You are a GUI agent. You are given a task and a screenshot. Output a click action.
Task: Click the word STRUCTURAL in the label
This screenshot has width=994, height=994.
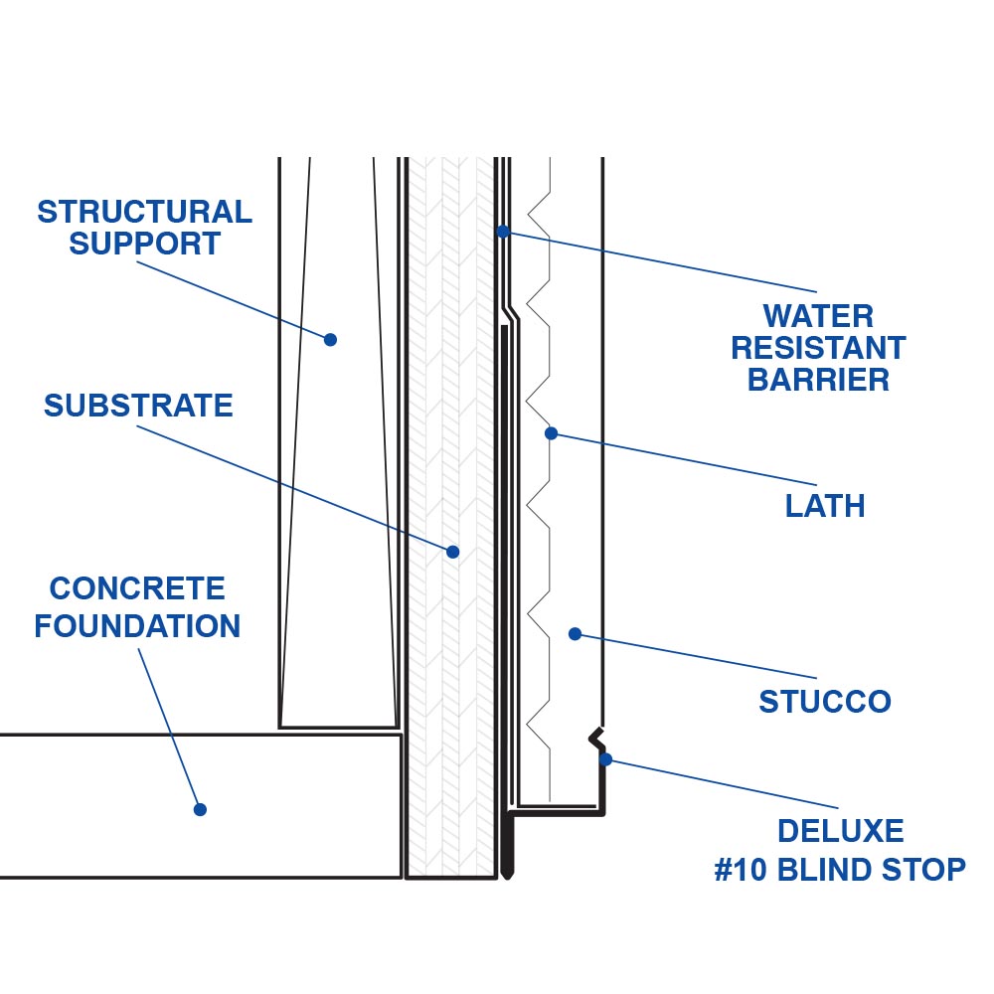point(145,212)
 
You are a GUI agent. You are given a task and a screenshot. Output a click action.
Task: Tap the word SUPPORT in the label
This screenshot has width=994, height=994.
point(145,244)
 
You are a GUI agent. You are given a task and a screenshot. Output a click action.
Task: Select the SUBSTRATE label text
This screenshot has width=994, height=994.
point(138,406)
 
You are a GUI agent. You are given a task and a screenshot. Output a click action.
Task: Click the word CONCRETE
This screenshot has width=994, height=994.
point(137,588)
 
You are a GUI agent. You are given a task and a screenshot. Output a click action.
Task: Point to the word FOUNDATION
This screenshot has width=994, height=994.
point(137,626)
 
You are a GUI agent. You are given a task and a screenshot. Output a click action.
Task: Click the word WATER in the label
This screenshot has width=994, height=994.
point(818,316)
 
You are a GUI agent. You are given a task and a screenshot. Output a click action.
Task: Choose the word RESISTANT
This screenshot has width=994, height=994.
point(818,348)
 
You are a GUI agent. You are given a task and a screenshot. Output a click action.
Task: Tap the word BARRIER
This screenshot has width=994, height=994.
point(818,380)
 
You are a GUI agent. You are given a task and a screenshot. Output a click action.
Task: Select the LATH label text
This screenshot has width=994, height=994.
point(825,506)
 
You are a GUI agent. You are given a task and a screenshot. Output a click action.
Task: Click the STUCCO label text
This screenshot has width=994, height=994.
point(825,702)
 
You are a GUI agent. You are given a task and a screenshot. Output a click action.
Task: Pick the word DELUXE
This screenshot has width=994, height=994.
point(841,831)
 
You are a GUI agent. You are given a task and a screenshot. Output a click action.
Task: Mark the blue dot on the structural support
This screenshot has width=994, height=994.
point(331,339)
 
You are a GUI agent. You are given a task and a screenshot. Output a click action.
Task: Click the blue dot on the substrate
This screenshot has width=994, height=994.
point(453,551)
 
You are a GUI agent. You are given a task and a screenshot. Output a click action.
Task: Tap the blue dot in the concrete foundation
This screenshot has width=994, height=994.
point(200,809)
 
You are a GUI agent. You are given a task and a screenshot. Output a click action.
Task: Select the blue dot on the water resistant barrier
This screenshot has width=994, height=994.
point(503,231)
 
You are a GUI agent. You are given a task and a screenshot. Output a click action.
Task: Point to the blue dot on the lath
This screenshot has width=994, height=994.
point(552,433)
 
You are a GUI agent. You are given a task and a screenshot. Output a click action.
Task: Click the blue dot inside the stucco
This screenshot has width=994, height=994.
point(574,633)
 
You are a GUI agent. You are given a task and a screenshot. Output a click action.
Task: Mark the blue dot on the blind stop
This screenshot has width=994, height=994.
point(605,759)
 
